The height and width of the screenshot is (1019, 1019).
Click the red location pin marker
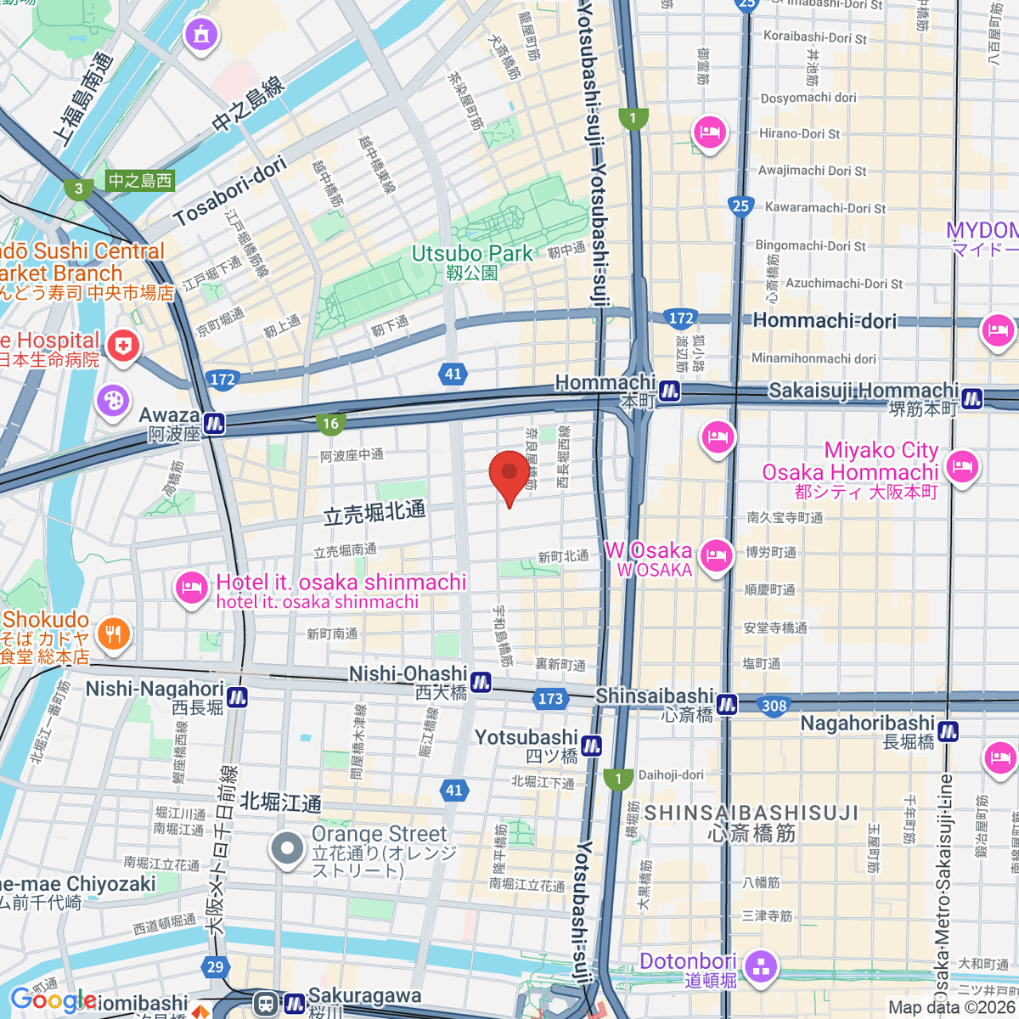[x=509, y=474]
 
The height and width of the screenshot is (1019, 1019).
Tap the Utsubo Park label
[x=472, y=254]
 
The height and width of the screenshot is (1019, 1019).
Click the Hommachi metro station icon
[x=670, y=391]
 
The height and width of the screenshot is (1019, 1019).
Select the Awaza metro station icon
[x=214, y=423]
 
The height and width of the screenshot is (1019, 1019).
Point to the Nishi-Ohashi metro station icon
[x=481, y=681]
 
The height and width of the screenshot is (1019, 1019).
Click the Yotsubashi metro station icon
[x=591, y=746]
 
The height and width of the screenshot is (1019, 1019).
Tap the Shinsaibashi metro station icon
[x=727, y=704]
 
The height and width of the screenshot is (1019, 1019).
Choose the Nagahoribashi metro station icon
[x=948, y=730]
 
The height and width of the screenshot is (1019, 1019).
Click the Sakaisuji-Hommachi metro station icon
[x=972, y=397]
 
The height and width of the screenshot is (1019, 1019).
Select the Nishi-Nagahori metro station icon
[x=237, y=696]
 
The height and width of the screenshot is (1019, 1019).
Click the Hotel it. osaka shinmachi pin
[x=192, y=588]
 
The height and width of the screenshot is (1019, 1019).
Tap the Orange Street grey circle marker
[x=288, y=848]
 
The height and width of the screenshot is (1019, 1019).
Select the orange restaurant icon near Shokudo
[x=113, y=633]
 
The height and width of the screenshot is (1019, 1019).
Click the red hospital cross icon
[x=124, y=346]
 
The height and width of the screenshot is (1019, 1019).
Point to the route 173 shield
[x=550, y=698]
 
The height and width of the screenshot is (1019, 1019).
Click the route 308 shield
[x=774, y=706]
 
